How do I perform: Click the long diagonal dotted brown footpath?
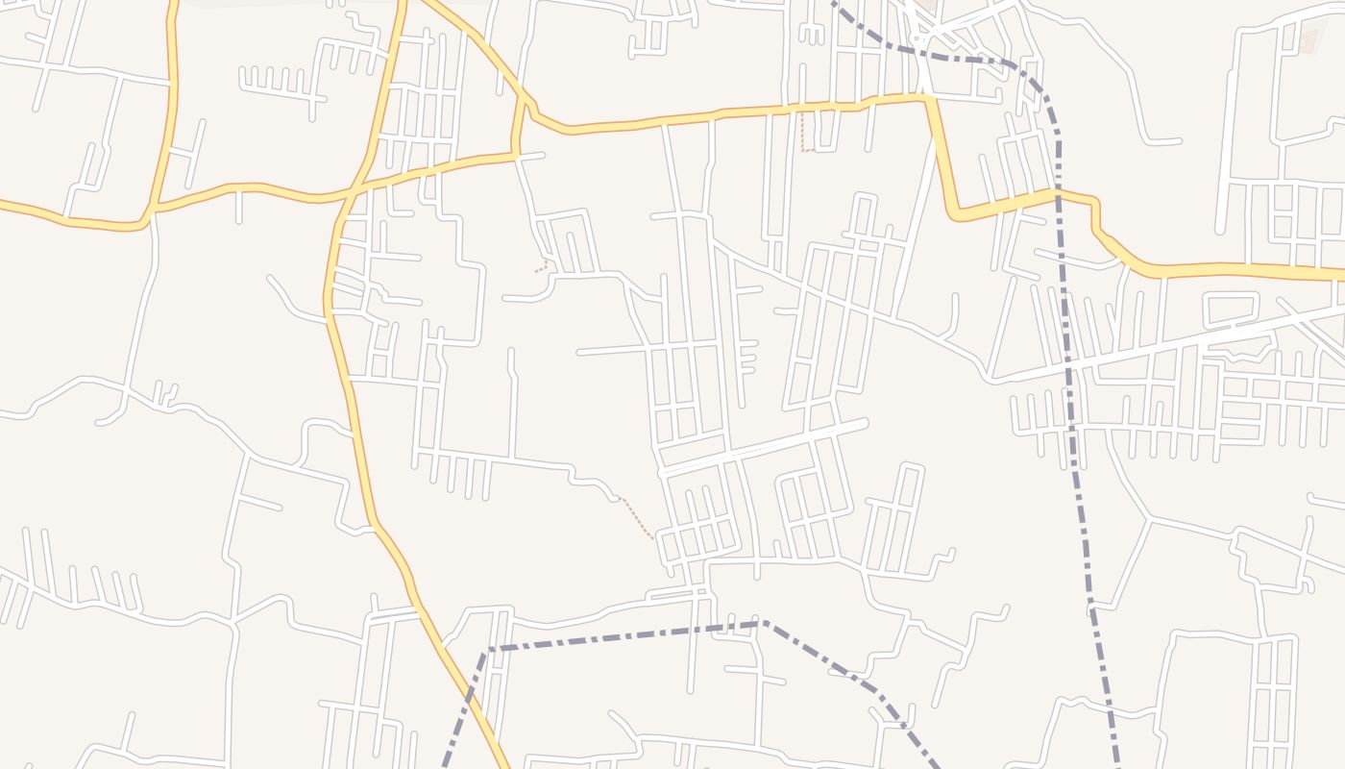[x=637, y=518]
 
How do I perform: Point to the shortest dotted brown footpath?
[x=543, y=267]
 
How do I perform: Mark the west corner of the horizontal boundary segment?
[x=489, y=650]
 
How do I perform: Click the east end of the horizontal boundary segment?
[x=765, y=623]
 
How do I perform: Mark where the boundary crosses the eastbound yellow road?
[x=1059, y=194]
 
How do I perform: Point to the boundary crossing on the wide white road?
[x=1069, y=363]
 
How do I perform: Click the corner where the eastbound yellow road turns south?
[x=929, y=98]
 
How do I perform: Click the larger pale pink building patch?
[x=1308, y=41]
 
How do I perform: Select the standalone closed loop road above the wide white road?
[x=1231, y=309]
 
